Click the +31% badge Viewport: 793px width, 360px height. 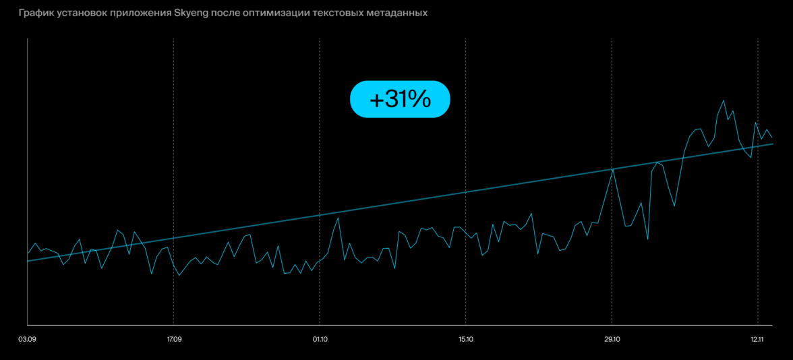pyautogui.click(x=400, y=100)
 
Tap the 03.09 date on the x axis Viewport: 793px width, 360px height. pyautogui.click(x=28, y=338)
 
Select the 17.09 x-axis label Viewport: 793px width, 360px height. pyautogui.click(x=173, y=338)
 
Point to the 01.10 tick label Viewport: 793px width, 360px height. pyautogui.click(x=320, y=338)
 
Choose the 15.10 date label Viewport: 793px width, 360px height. pyautogui.click(x=465, y=338)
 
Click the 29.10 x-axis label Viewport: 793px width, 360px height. pyautogui.click(x=612, y=338)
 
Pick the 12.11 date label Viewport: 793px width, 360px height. pyautogui.click(x=758, y=338)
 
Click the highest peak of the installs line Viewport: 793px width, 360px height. pyautogui.click(x=724, y=100)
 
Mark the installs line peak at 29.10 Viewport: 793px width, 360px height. pyautogui.click(x=612, y=169)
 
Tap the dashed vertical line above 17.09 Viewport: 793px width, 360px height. pyautogui.click(x=173, y=135)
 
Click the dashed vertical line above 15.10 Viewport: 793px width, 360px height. pyautogui.click(x=466, y=135)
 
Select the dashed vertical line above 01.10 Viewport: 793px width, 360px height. pyautogui.click(x=320, y=135)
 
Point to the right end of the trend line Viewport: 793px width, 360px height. pyautogui.click(x=772, y=144)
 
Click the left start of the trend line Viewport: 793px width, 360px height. pyautogui.click(x=28, y=260)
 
